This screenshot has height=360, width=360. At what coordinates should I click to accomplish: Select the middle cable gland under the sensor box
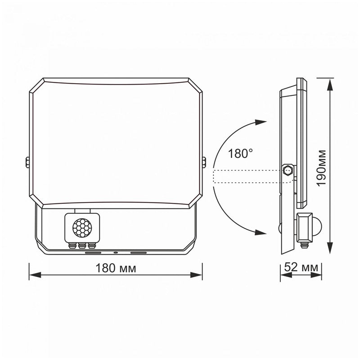coord(81,246)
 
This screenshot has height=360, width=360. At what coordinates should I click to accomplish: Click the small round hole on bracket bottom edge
coord(116,252)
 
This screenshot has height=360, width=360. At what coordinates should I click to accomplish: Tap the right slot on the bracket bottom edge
coord(138,252)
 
